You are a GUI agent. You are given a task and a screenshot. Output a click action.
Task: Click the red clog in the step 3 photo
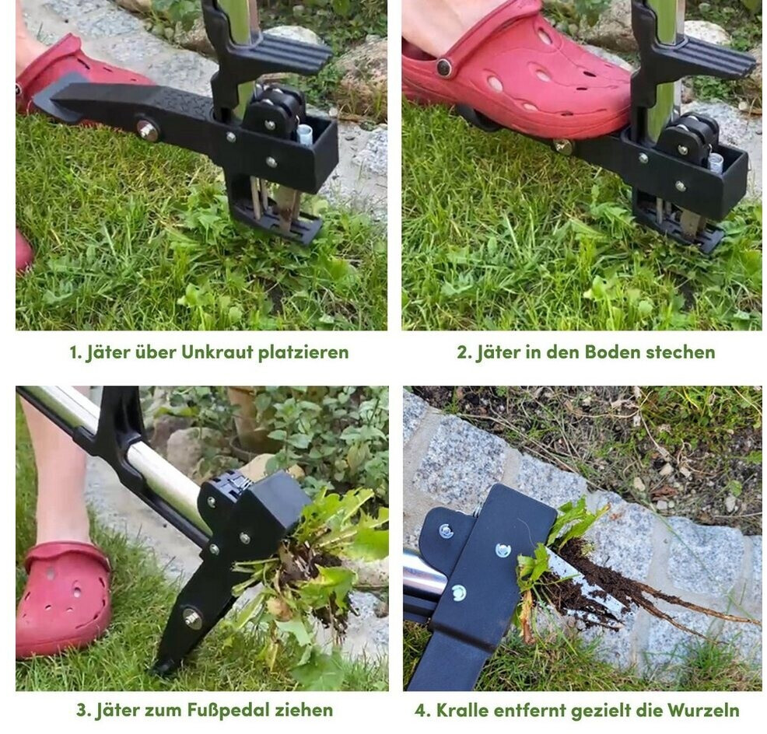point(64,599)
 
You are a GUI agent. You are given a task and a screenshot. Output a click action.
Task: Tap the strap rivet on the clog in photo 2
point(444,67)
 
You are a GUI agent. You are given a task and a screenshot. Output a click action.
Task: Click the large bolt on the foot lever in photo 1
point(147,130)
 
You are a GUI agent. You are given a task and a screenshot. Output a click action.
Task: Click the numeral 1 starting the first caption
point(73,352)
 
